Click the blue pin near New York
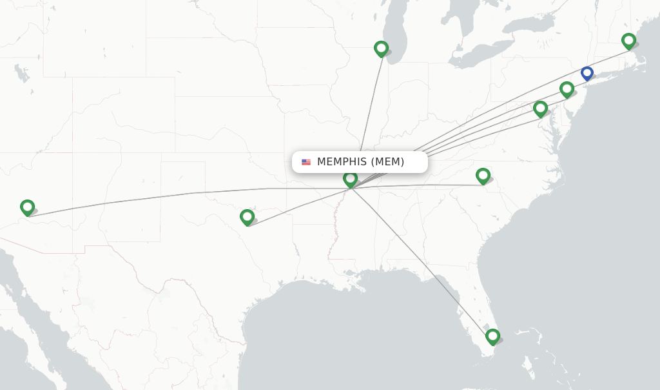click(x=587, y=73)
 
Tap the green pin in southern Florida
click(x=492, y=336)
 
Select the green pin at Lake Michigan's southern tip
click(x=381, y=48)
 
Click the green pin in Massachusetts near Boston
click(x=628, y=41)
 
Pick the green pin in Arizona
click(x=27, y=207)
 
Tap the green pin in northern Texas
click(x=247, y=216)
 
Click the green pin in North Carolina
click(x=483, y=175)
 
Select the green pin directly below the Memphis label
click(x=350, y=178)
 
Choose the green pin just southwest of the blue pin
click(x=567, y=88)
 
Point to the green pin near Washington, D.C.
click(x=540, y=108)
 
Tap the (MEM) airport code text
click(x=387, y=162)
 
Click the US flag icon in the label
click(x=306, y=162)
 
